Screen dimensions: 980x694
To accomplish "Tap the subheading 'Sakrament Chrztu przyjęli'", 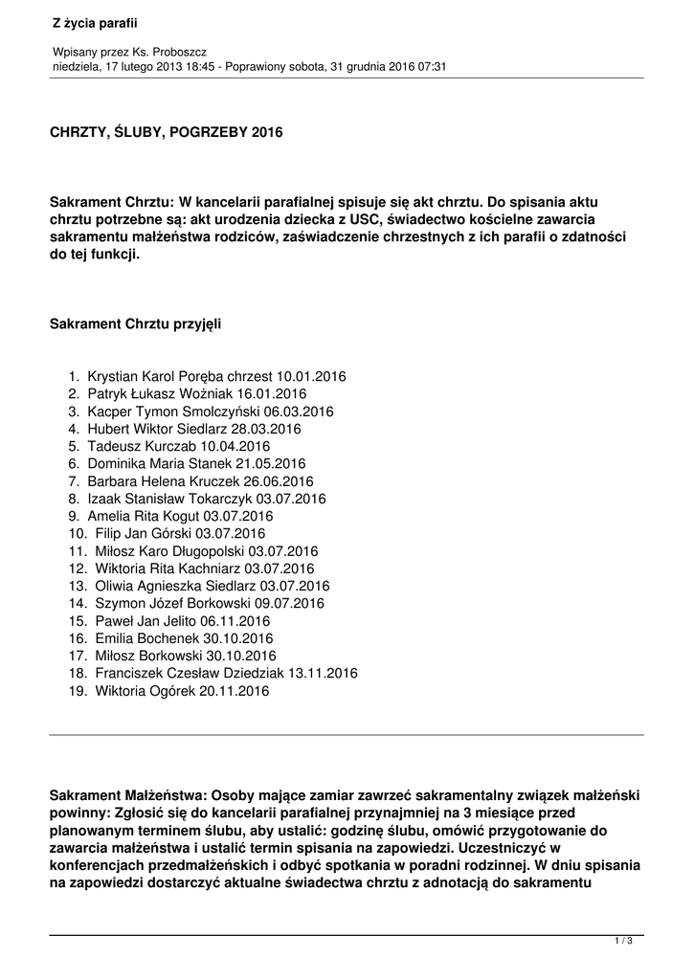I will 135,324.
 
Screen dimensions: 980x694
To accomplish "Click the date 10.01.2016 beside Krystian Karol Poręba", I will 311,376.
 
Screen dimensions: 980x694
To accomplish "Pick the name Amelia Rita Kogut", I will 147,516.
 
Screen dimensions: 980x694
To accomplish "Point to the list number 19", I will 77,690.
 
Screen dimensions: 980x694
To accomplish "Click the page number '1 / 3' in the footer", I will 623,942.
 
